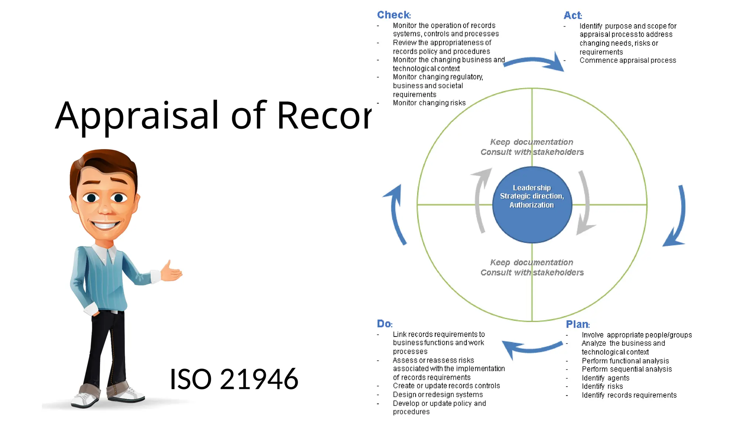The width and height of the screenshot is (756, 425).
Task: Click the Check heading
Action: click(394, 15)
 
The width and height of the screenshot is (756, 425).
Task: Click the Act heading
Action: click(573, 15)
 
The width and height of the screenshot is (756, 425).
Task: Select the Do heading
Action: click(384, 324)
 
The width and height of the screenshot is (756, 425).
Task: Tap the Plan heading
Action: click(578, 324)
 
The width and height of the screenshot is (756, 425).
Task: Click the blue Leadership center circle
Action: click(532, 205)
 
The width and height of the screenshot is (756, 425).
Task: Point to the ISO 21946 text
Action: click(234, 379)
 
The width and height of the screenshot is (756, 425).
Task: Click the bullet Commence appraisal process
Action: click(628, 61)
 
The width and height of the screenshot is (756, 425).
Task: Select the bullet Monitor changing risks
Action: click(429, 103)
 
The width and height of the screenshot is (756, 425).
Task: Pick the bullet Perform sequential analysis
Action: click(626, 369)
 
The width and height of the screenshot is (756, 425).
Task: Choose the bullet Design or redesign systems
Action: click(437, 395)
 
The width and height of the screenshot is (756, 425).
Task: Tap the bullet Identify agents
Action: click(605, 378)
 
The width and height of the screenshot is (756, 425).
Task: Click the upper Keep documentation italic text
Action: click(532, 142)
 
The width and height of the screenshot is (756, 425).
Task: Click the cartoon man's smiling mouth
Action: click(106, 224)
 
